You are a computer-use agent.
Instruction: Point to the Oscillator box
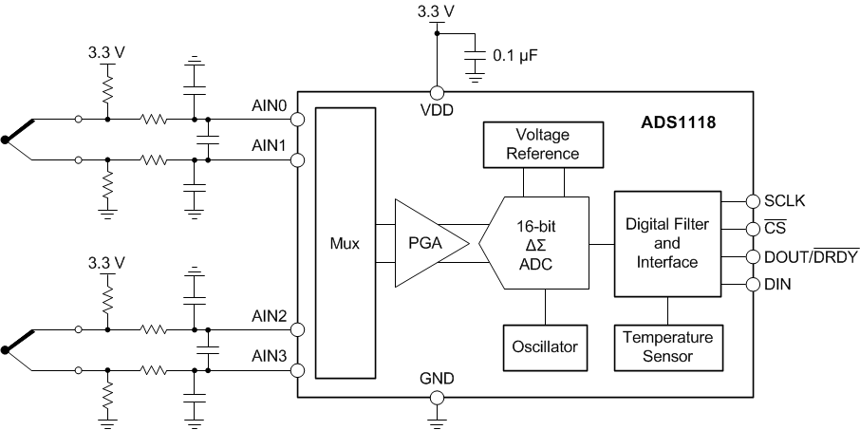[x=544, y=346]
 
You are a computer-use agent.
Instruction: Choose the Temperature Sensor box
[x=667, y=346]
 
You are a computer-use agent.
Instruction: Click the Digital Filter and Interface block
[x=668, y=244]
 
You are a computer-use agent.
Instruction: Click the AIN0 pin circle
[x=297, y=120]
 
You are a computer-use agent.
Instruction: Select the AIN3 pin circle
[x=297, y=370]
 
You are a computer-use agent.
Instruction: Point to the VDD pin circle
[x=437, y=92]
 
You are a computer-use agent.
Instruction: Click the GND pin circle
[x=437, y=398]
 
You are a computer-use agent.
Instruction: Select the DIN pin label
[x=777, y=284]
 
